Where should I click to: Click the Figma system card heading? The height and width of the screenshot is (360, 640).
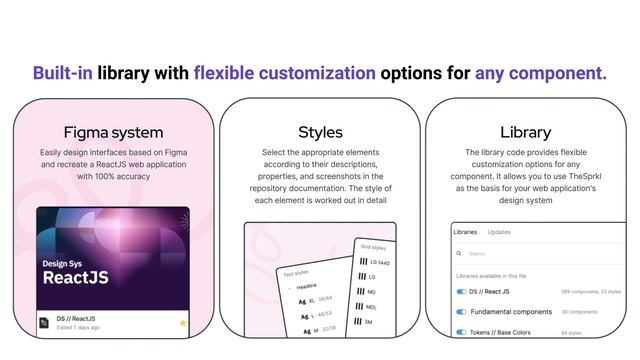[x=113, y=132]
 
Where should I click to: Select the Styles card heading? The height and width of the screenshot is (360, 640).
[x=320, y=132]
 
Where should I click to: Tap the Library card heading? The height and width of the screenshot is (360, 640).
[x=526, y=132]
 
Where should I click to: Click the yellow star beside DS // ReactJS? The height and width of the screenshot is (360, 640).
[x=183, y=323]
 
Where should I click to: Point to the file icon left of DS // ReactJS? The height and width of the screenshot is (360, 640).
[x=45, y=322]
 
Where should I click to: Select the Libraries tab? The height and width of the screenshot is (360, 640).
[x=465, y=231]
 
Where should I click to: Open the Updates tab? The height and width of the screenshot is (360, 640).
[x=499, y=231]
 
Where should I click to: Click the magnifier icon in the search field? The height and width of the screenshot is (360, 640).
[x=459, y=254]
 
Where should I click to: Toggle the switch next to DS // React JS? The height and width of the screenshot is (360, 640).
[x=462, y=292]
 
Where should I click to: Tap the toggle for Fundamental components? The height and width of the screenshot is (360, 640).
[x=462, y=312]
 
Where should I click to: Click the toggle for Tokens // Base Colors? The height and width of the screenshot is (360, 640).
[x=462, y=332]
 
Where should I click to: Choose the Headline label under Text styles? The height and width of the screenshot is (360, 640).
[x=305, y=286]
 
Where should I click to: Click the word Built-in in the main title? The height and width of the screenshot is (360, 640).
[x=63, y=72]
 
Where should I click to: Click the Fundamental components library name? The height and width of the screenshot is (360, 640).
[x=511, y=312]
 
